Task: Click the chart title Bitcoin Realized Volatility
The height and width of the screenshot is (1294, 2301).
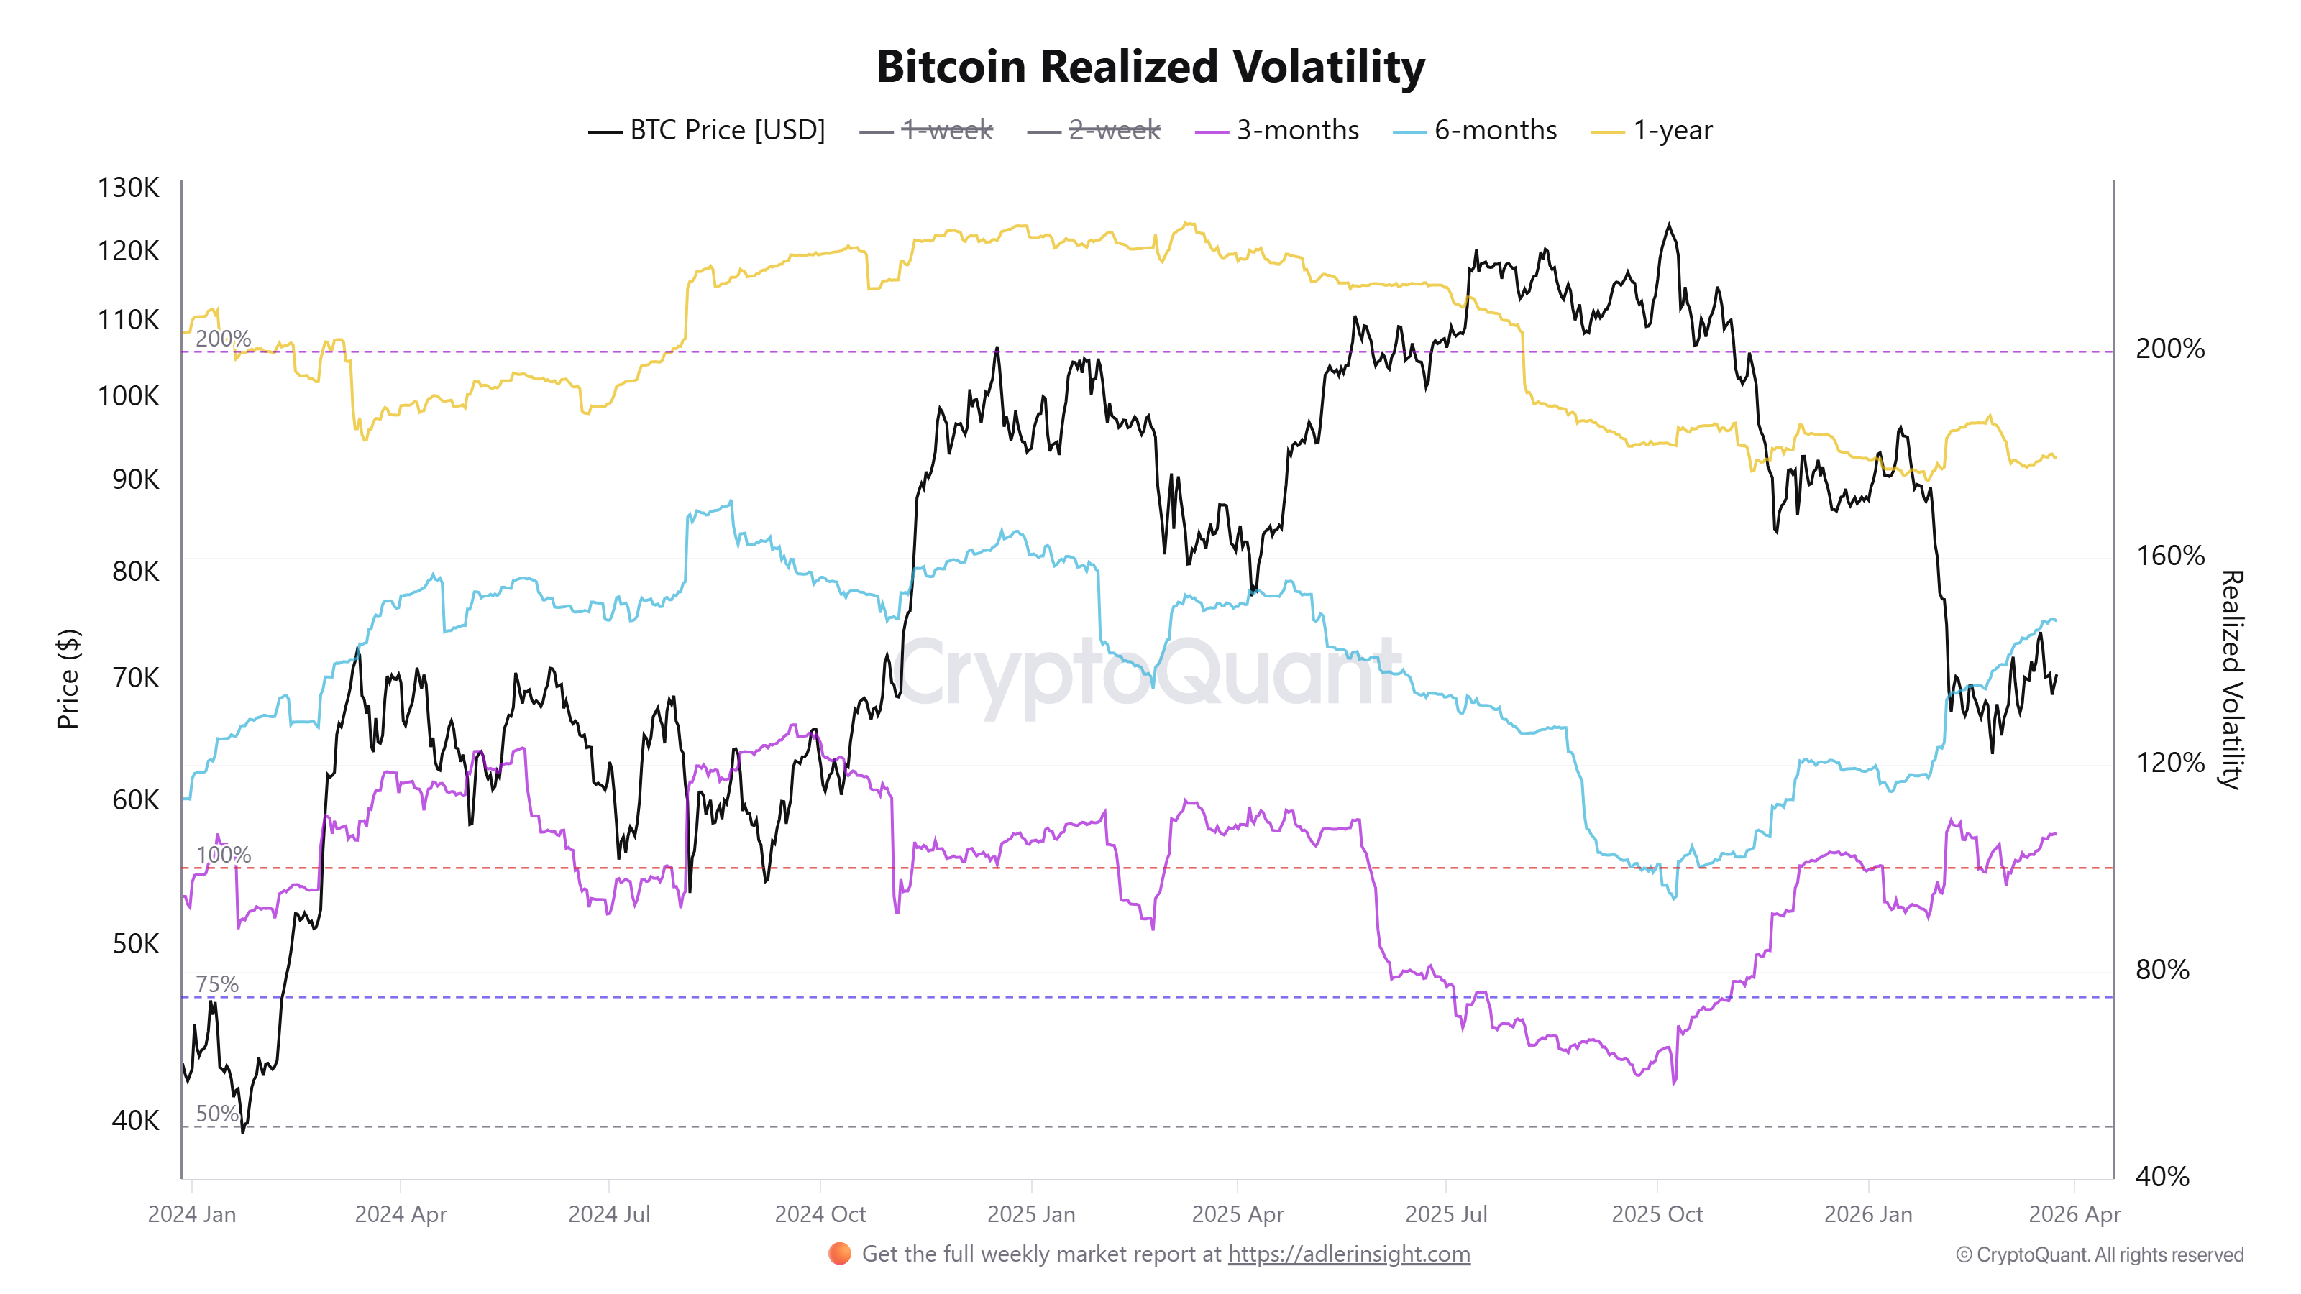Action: coord(1150,67)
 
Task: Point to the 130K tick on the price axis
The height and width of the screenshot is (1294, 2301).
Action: coord(128,188)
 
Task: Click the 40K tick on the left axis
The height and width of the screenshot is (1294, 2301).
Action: coord(135,1120)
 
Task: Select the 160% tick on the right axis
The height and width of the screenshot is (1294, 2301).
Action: coord(2169,556)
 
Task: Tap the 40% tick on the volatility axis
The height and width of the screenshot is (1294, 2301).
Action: coord(2162,1176)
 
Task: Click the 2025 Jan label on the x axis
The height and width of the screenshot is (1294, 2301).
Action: coord(1031,1214)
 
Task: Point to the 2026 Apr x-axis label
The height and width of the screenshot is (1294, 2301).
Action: coord(2073,1214)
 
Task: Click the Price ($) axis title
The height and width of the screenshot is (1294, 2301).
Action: coord(68,679)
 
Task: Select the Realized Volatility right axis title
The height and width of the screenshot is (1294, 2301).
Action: coord(2231,679)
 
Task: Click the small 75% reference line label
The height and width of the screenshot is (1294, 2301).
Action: coord(217,984)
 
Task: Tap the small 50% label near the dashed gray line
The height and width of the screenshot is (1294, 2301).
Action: coord(217,1114)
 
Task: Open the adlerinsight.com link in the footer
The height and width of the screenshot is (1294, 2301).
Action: coord(1348,1254)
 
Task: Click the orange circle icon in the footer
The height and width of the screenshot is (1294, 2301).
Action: coord(840,1254)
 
